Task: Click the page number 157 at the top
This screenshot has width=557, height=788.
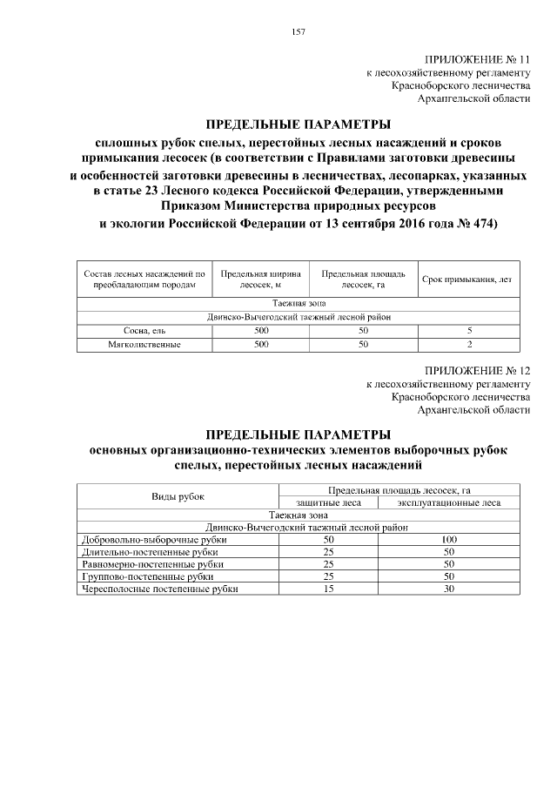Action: tap(298, 32)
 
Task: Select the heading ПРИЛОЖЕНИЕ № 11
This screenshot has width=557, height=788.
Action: tap(477, 58)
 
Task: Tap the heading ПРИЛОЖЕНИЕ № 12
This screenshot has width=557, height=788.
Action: tap(477, 369)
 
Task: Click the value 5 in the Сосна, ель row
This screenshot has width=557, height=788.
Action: tap(469, 331)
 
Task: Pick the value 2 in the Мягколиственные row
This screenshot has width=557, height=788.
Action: tap(469, 345)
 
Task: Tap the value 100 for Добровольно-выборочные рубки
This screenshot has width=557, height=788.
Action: tap(449, 540)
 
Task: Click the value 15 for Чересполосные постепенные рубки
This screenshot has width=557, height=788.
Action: tap(328, 589)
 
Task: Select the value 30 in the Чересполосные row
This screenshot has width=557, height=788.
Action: tap(449, 589)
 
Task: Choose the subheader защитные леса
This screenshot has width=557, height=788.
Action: tap(328, 502)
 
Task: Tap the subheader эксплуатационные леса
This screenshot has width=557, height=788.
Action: tap(449, 502)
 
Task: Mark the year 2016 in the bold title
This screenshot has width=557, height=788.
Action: tap(393, 224)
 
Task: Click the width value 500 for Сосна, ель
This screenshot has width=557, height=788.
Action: tap(260, 331)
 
